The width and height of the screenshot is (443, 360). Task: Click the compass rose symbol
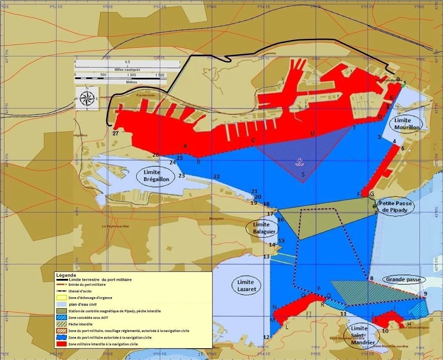87,98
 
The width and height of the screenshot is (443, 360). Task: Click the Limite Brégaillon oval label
156,176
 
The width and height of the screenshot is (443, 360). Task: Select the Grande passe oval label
403,280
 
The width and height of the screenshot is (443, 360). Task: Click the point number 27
116,133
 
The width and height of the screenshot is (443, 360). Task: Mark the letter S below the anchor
303,175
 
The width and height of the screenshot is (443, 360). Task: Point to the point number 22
217,176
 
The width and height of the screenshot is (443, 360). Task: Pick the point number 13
266,257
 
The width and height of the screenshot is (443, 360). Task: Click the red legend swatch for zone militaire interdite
62,344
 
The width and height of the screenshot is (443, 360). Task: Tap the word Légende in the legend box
66,275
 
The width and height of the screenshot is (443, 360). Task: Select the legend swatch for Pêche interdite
62,324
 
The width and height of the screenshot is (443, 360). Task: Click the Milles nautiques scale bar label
127,70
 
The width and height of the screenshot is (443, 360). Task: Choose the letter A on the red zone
185,146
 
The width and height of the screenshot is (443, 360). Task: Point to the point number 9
425,293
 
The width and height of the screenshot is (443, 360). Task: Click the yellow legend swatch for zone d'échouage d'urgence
62,298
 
